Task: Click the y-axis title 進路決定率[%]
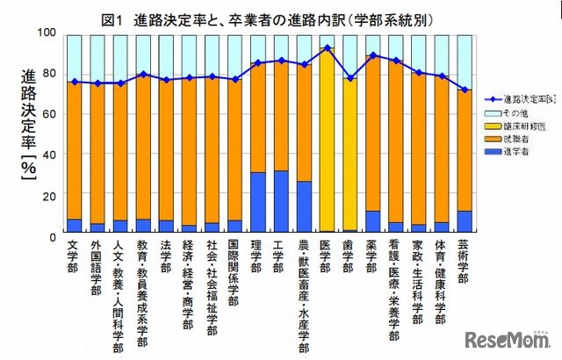coord(26,132)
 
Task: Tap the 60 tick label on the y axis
coord(50,114)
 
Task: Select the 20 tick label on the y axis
coord(50,195)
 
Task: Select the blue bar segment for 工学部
coord(281,201)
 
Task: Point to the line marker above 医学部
coord(327,48)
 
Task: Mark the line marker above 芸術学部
coord(465,90)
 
